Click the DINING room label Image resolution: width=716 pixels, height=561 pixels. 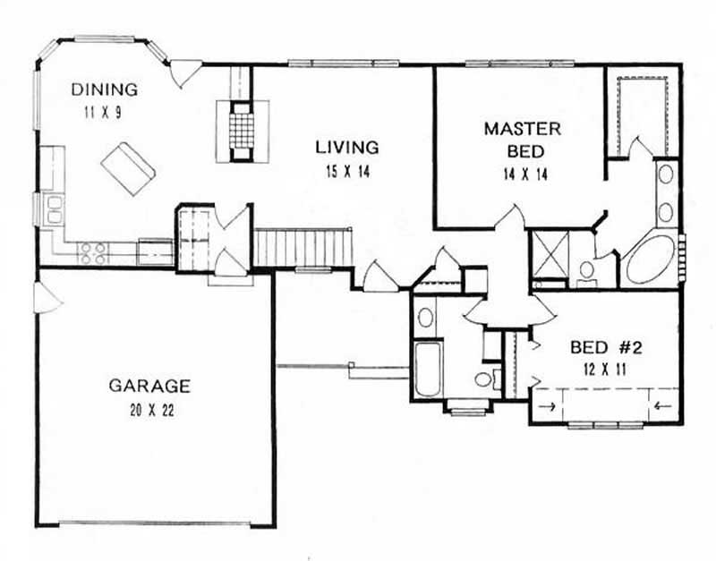(105, 89)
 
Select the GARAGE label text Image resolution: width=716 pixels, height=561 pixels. (149, 387)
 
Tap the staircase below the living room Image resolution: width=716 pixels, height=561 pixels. (304, 246)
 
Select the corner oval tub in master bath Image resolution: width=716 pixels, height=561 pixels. (651, 259)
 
